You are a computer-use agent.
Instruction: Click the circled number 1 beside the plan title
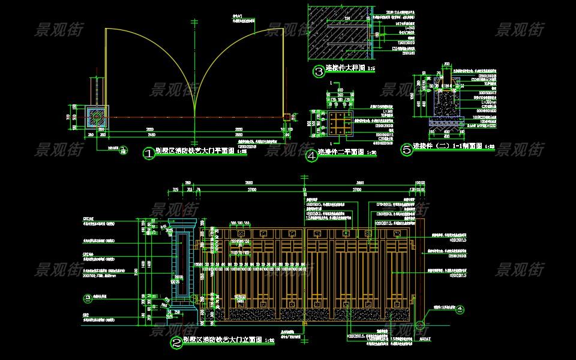[x=148, y=154]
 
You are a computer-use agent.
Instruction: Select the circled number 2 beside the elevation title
[x=176, y=343]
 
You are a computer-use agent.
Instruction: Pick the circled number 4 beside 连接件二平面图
[x=311, y=156]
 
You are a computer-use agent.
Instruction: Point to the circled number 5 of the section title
[x=407, y=150]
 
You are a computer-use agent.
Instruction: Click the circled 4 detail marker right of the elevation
[x=460, y=310]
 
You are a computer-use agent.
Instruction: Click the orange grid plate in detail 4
[x=339, y=123]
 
